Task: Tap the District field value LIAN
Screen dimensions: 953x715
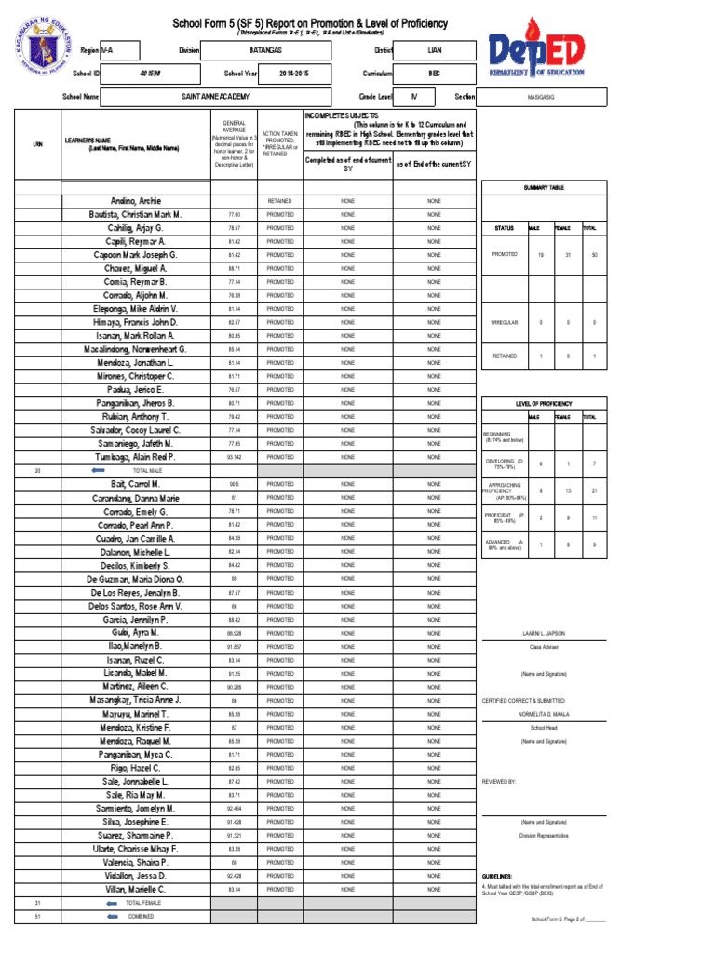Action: [x=435, y=48]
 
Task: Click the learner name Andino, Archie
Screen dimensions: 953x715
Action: [x=136, y=201]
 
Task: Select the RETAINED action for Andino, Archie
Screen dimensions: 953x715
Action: [x=279, y=201]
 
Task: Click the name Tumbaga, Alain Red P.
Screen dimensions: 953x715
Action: [x=136, y=457]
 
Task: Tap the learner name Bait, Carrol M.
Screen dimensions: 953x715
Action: [x=136, y=485]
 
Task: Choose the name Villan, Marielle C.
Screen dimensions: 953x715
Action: [x=136, y=889]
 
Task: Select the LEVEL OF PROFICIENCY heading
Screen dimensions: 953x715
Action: [x=545, y=403]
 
